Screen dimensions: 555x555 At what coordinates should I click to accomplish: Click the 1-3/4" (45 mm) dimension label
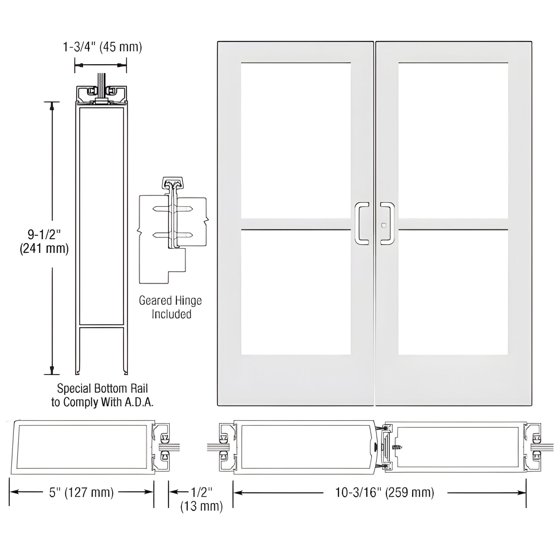[x=103, y=47]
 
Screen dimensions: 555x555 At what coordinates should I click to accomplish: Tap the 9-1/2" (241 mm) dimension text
[x=44, y=242]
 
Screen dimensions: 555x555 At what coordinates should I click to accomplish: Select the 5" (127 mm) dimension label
[x=81, y=492]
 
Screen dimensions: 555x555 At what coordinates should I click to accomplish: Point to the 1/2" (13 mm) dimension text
[x=201, y=499]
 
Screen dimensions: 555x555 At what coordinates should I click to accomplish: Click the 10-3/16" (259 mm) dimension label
[x=384, y=492]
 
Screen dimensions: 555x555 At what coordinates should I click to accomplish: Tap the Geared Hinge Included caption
[x=171, y=307]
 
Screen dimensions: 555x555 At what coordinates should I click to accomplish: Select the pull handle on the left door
[x=361, y=224]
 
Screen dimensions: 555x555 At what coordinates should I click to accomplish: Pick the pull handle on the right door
[x=388, y=224]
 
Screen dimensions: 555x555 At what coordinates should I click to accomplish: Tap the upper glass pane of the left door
[x=296, y=140]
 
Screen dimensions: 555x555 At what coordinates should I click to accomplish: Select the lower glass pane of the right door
[x=453, y=292]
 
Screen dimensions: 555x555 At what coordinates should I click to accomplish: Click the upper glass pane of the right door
[x=453, y=140]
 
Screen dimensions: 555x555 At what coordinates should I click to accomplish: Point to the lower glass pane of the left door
[x=296, y=292]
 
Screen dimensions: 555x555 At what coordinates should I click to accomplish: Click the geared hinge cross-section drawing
[x=173, y=230]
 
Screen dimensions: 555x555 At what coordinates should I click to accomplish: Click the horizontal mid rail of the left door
[x=296, y=224]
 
